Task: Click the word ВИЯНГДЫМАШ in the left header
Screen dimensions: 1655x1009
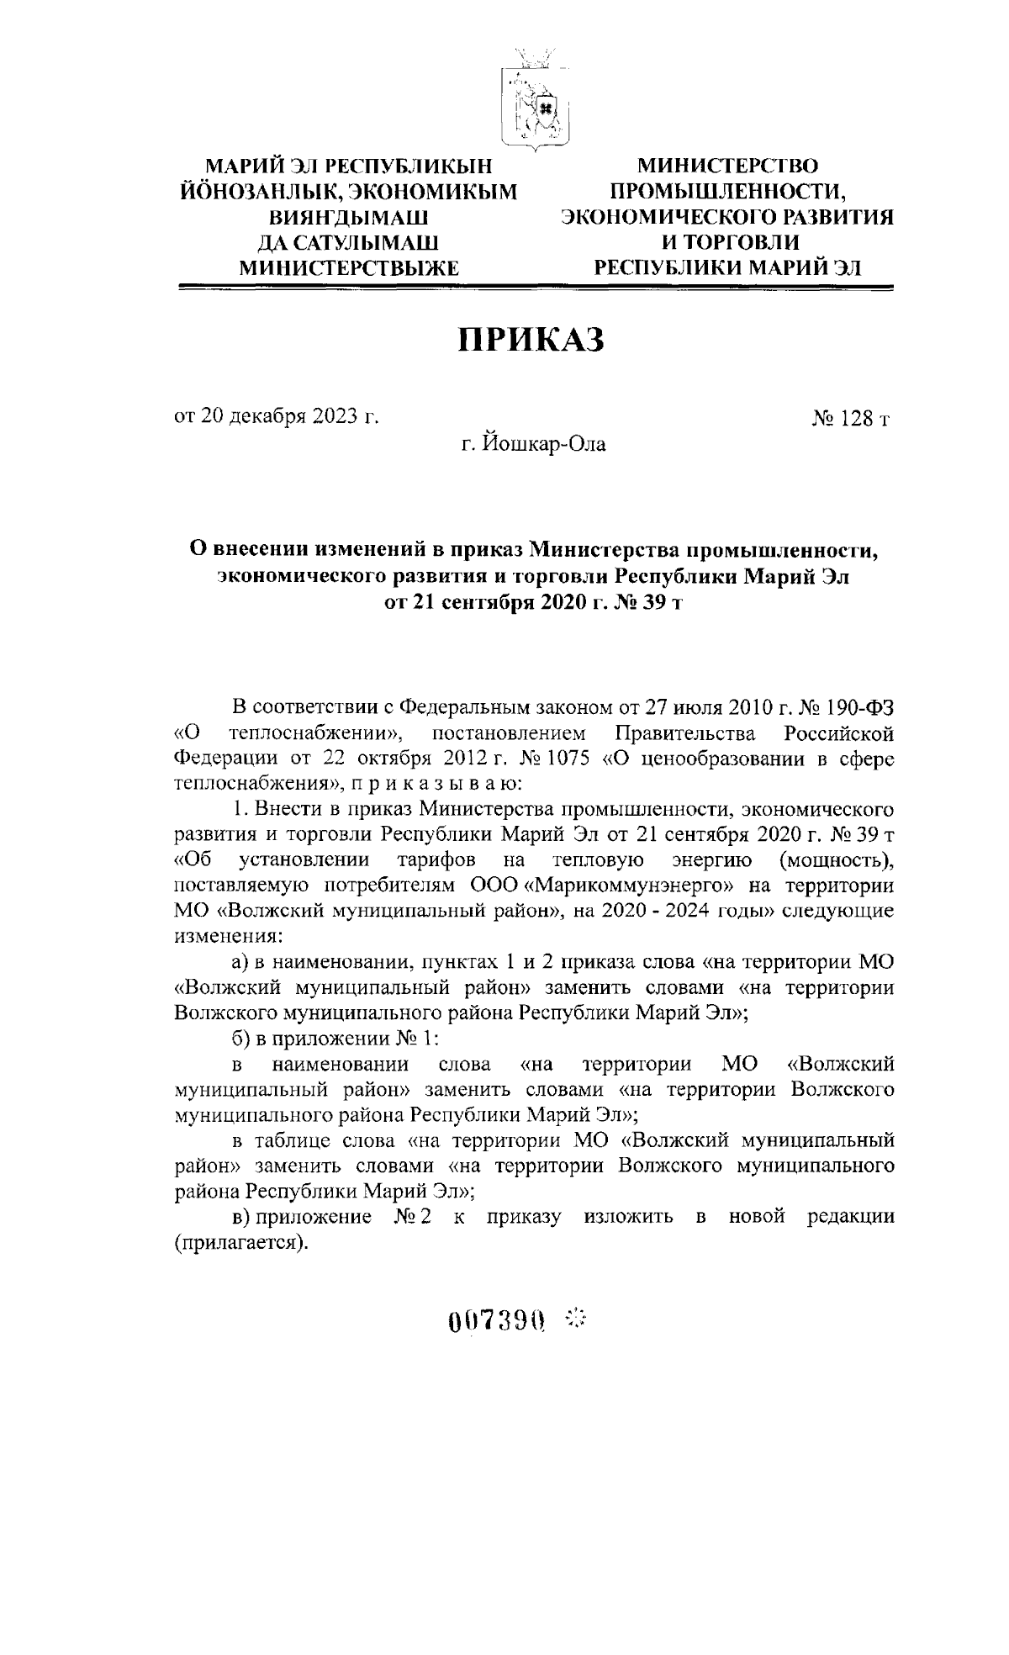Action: [350, 217]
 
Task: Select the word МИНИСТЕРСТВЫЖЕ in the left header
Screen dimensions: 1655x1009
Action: [350, 268]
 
